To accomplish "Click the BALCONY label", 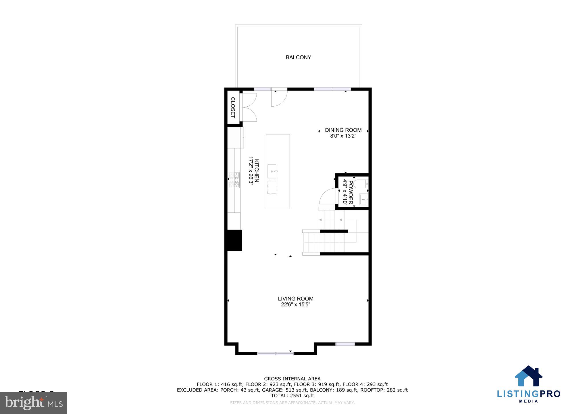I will pyautogui.click(x=298, y=57).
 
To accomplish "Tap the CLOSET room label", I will pyautogui.click(x=233, y=108).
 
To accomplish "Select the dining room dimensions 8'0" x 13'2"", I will pyautogui.click(x=343, y=136).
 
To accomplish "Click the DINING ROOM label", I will pyautogui.click(x=343, y=130).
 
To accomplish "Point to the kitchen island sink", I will pyautogui.click(x=272, y=171).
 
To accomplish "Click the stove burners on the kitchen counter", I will pyautogui.click(x=234, y=180).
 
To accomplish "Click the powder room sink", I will pyautogui.click(x=363, y=199).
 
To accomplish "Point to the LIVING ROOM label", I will pyautogui.click(x=295, y=299).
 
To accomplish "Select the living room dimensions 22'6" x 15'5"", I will pyautogui.click(x=295, y=304).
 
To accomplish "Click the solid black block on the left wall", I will pyautogui.click(x=234, y=240).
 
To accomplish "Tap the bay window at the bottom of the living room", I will pyautogui.click(x=276, y=353).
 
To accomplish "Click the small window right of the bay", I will pyautogui.click(x=345, y=344).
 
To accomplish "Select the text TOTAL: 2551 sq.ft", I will pyautogui.click(x=292, y=396).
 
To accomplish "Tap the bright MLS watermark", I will pyautogui.click(x=34, y=403).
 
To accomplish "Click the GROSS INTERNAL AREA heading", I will pyautogui.click(x=292, y=379).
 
